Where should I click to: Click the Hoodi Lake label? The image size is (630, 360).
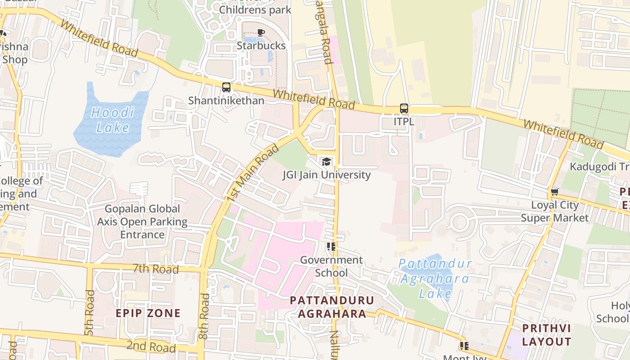tap(112, 120)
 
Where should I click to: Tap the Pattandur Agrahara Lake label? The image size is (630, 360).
tap(435, 279)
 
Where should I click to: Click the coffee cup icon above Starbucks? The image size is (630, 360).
tap(261, 32)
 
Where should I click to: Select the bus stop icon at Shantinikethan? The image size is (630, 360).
tap(226, 87)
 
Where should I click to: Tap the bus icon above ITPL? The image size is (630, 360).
tap(404, 108)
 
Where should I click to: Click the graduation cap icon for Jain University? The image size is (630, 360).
tap(326, 162)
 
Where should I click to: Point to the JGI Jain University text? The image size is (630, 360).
tap(326, 175)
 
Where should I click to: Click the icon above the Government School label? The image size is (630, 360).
tap(331, 246)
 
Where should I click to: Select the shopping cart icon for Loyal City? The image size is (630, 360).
tap(554, 192)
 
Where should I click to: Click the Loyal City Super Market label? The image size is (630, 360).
tap(554, 211)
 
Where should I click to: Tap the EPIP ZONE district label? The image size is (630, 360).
tap(148, 313)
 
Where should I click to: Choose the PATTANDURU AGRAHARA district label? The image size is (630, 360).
tap(332, 307)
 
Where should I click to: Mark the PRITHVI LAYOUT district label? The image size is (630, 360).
tap(546, 334)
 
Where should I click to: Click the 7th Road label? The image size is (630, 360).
tap(156, 269)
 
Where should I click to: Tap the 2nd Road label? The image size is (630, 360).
tap(151, 346)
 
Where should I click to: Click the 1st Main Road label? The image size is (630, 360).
tap(253, 173)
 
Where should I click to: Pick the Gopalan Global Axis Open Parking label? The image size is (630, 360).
tap(142, 221)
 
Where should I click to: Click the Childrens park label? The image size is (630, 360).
tap(255, 10)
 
